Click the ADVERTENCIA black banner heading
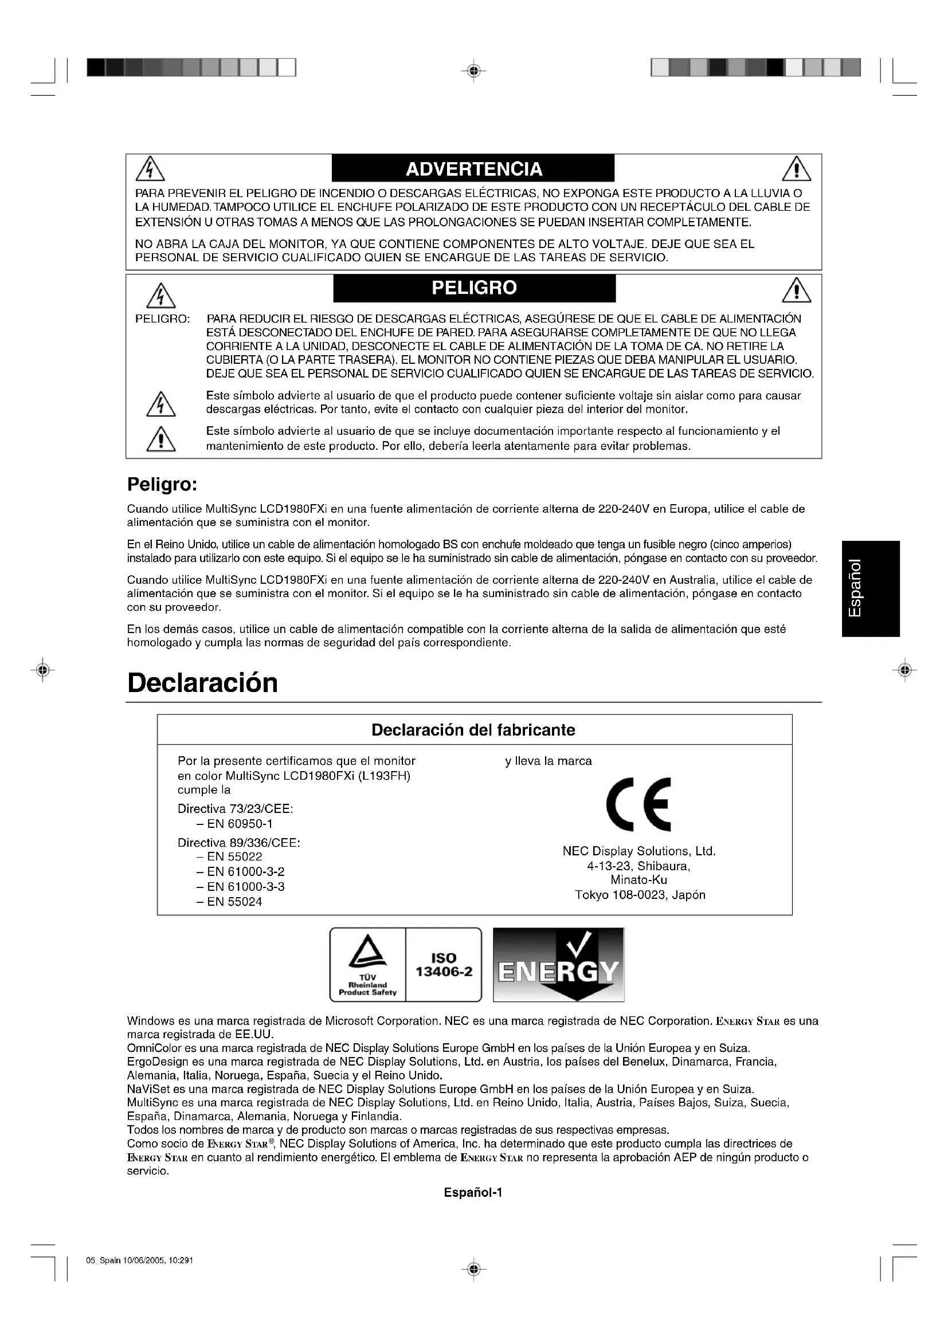pyautogui.click(x=473, y=169)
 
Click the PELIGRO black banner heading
pyautogui.click(x=474, y=288)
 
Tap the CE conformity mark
pyautogui.click(x=638, y=804)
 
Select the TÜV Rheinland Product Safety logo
pyautogui.click(x=368, y=965)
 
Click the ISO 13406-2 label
pyautogui.click(x=444, y=965)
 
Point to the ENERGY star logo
pyautogui.click(x=559, y=965)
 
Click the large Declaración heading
pyautogui.click(x=202, y=683)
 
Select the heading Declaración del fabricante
pyautogui.click(x=473, y=730)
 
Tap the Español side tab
pyautogui.click(x=871, y=588)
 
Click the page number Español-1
pyautogui.click(x=473, y=1192)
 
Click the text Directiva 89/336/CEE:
pyautogui.click(x=239, y=843)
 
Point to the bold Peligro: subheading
pyautogui.click(x=162, y=485)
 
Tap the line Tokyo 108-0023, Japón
pyautogui.click(x=640, y=895)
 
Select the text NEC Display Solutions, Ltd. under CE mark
pyautogui.click(x=638, y=851)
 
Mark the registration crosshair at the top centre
pyautogui.click(x=473, y=71)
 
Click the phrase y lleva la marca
pyautogui.click(x=548, y=761)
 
